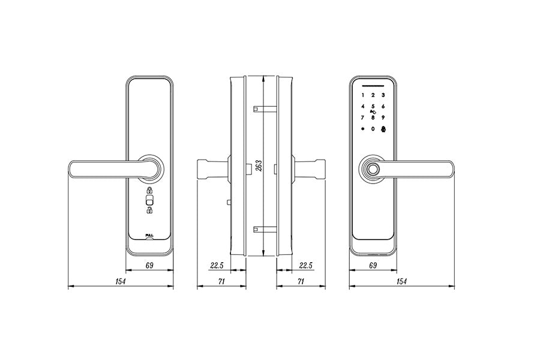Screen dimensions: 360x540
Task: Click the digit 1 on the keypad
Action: (x=362, y=95)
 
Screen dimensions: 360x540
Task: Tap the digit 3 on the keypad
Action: (x=383, y=95)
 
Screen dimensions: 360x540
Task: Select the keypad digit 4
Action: (x=362, y=107)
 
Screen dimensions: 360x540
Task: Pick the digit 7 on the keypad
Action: (x=362, y=118)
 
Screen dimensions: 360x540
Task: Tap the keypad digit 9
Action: (x=383, y=118)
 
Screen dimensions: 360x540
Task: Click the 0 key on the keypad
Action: (x=373, y=129)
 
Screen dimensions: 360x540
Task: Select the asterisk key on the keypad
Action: (x=362, y=129)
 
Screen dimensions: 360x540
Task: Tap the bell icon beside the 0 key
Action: (x=383, y=129)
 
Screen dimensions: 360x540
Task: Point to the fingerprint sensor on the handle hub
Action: (x=373, y=170)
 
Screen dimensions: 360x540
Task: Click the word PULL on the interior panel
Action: (x=149, y=235)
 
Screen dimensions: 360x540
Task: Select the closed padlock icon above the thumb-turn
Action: (x=149, y=190)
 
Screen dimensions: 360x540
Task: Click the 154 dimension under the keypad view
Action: (x=401, y=281)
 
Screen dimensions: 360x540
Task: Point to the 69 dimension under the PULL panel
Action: (x=149, y=264)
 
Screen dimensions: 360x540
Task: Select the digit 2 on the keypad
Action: (x=373, y=95)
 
